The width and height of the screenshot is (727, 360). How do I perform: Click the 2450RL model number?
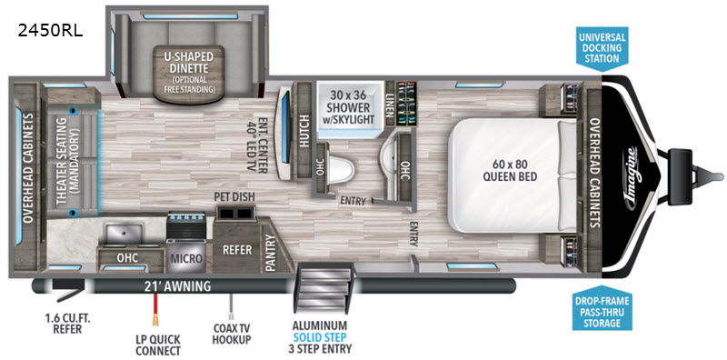coord(51,30)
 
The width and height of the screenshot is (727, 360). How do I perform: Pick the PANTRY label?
coord(270,254)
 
